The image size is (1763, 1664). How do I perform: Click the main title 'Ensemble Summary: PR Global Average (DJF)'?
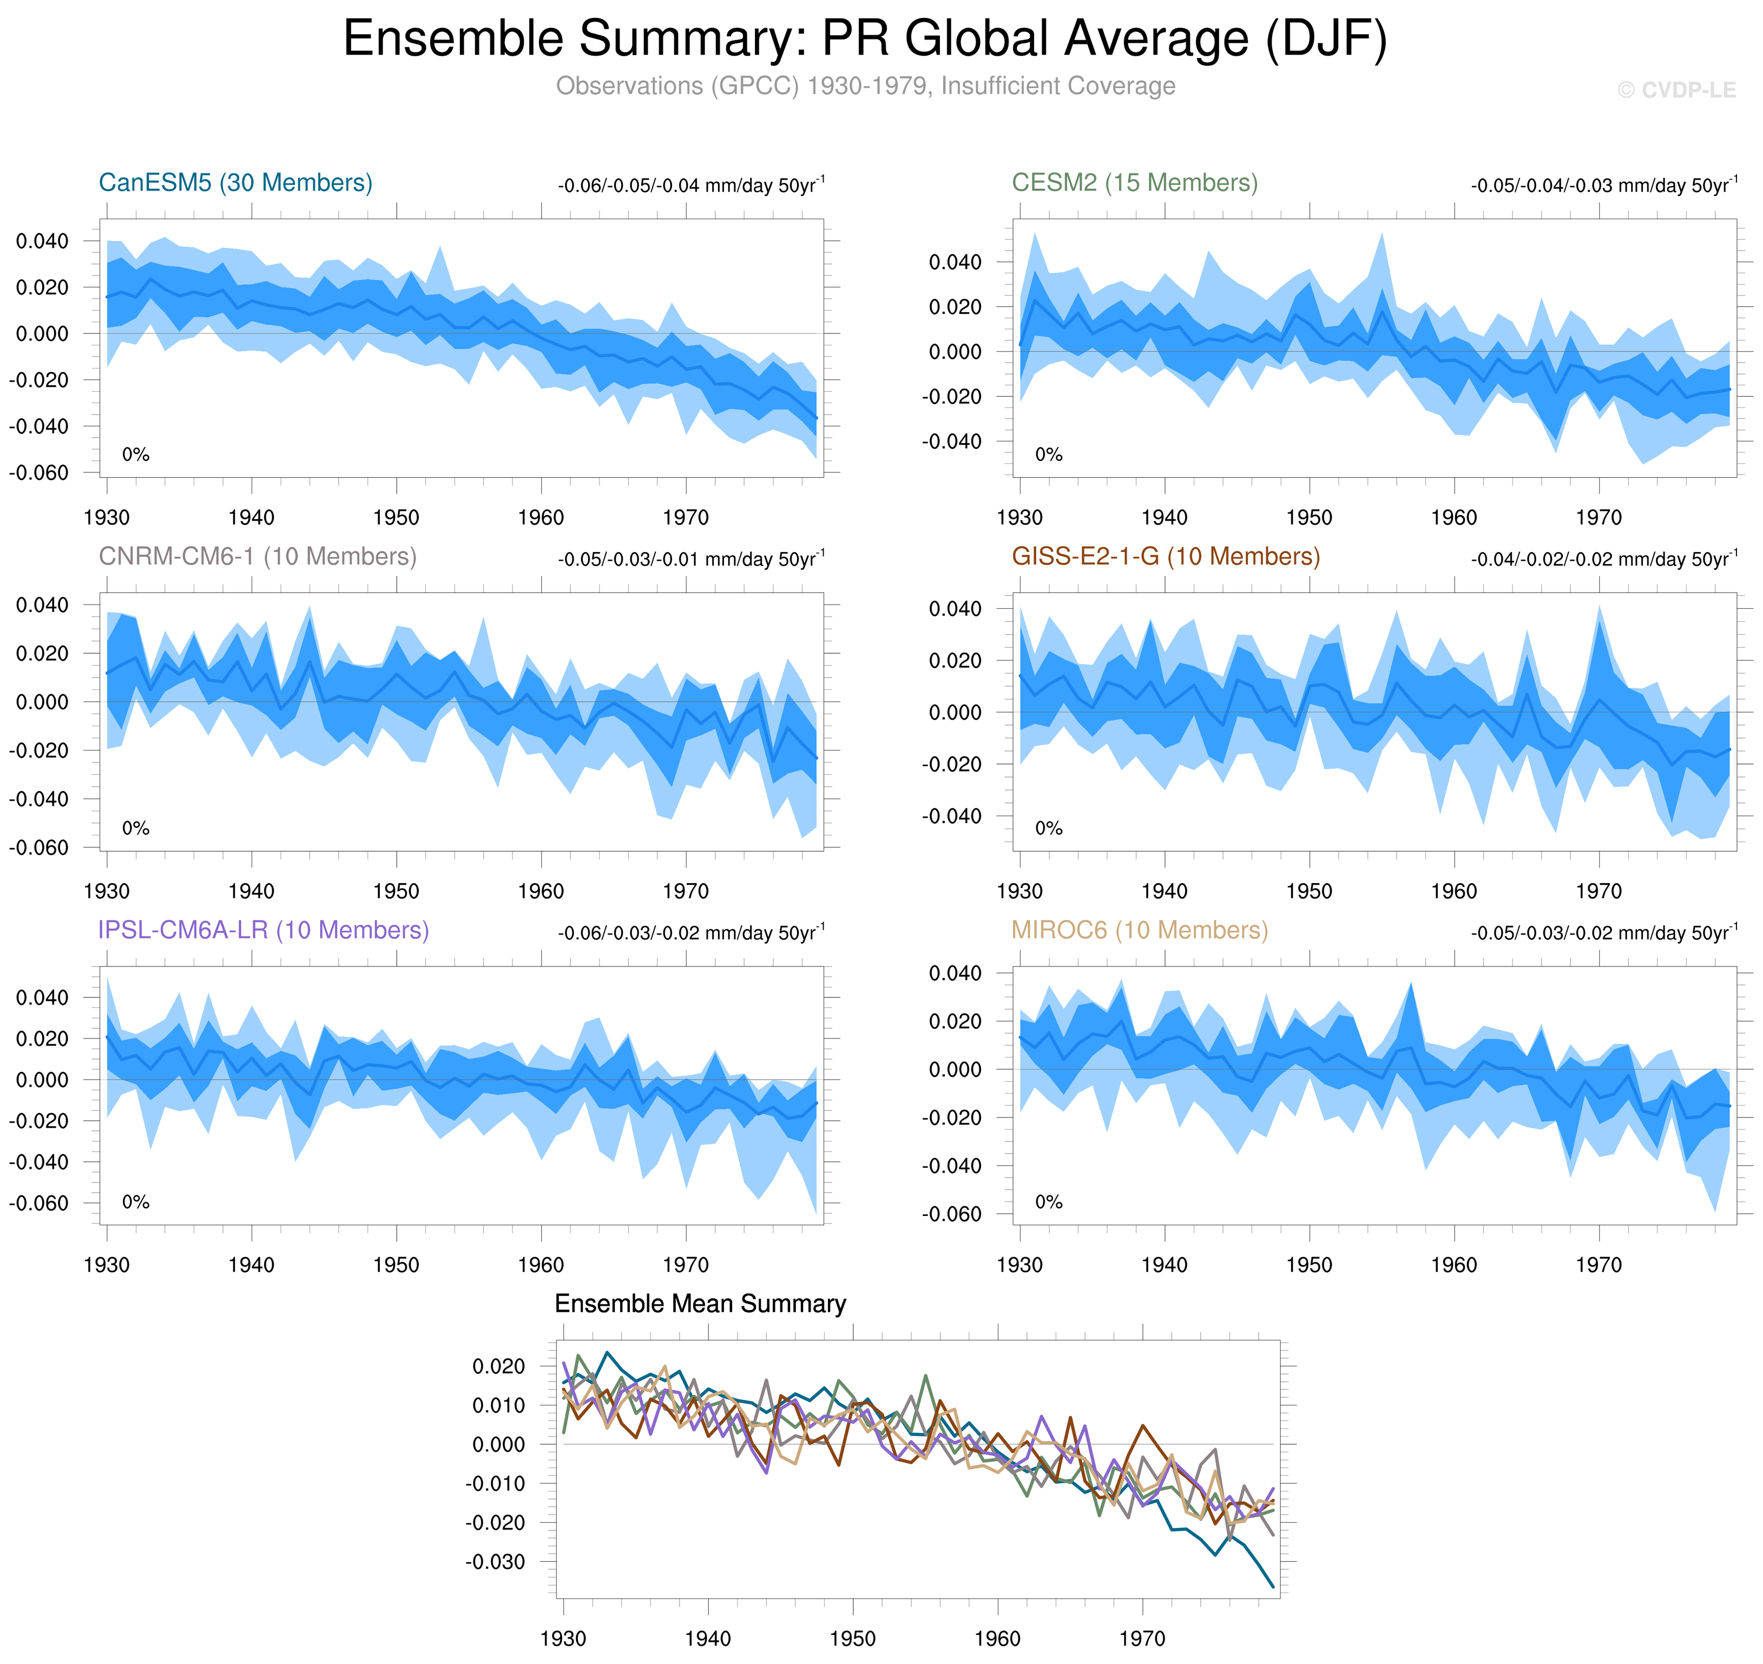[x=865, y=39]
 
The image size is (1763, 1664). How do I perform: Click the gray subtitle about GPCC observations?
[x=865, y=86]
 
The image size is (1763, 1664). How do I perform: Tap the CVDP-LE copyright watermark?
[x=1676, y=90]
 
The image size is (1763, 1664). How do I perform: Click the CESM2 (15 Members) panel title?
[x=1134, y=183]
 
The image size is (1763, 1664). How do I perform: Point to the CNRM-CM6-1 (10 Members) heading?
[x=257, y=556]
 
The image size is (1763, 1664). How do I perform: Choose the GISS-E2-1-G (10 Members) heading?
[x=1165, y=556]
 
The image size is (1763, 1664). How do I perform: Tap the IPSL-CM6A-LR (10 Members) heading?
[x=264, y=930]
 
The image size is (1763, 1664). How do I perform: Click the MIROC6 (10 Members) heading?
[x=1140, y=930]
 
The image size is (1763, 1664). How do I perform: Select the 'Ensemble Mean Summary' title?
[x=700, y=1303]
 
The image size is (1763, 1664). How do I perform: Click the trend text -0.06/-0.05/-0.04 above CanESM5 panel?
[x=691, y=186]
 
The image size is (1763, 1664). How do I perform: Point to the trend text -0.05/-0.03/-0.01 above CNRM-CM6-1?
[x=691, y=559]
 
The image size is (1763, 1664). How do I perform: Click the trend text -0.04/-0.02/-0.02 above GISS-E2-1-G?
[x=1603, y=559]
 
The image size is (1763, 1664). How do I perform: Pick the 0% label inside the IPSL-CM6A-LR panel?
[x=136, y=1202]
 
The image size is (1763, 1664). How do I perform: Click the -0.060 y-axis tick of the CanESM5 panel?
[x=39, y=473]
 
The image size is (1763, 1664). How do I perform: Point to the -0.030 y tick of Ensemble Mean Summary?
[x=495, y=1561]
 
